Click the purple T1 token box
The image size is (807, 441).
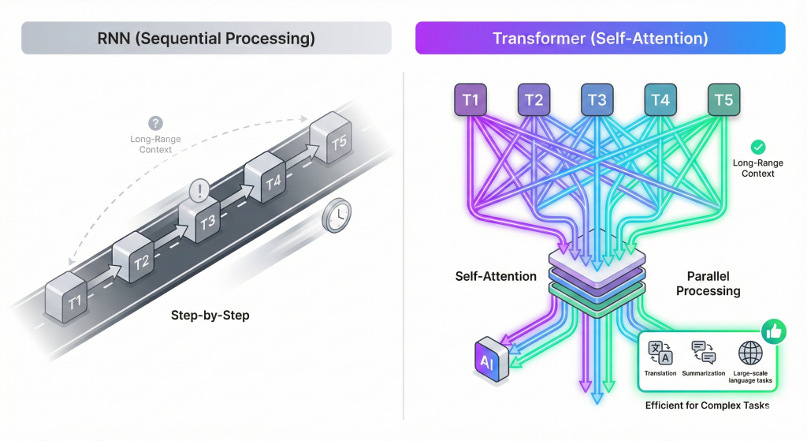pyautogui.click(x=470, y=100)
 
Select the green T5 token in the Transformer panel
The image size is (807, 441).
pyautogui.click(x=723, y=100)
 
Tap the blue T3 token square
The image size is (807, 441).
pyautogui.click(x=597, y=100)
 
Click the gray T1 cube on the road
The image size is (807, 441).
pyautogui.click(x=67, y=297)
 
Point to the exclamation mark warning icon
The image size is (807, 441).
pyautogui.click(x=199, y=190)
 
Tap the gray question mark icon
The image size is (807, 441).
pyautogui.click(x=156, y=124)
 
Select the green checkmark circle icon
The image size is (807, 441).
pyautogui.click(x=757, y=147)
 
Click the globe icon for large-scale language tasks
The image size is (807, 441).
pyautogui.click(x=749, y=353)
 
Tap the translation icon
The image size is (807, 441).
pyautogui.click(x=659, y=353)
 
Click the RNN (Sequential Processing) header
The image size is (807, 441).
pyautogui.click(x=206, y=38)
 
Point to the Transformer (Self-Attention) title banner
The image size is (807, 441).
pyautogui.click(x=600, y=38)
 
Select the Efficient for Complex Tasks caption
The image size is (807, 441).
pyautogui.click(x=706, y=405)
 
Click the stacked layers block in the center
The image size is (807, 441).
pyautogui.click(x=597, y=272)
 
